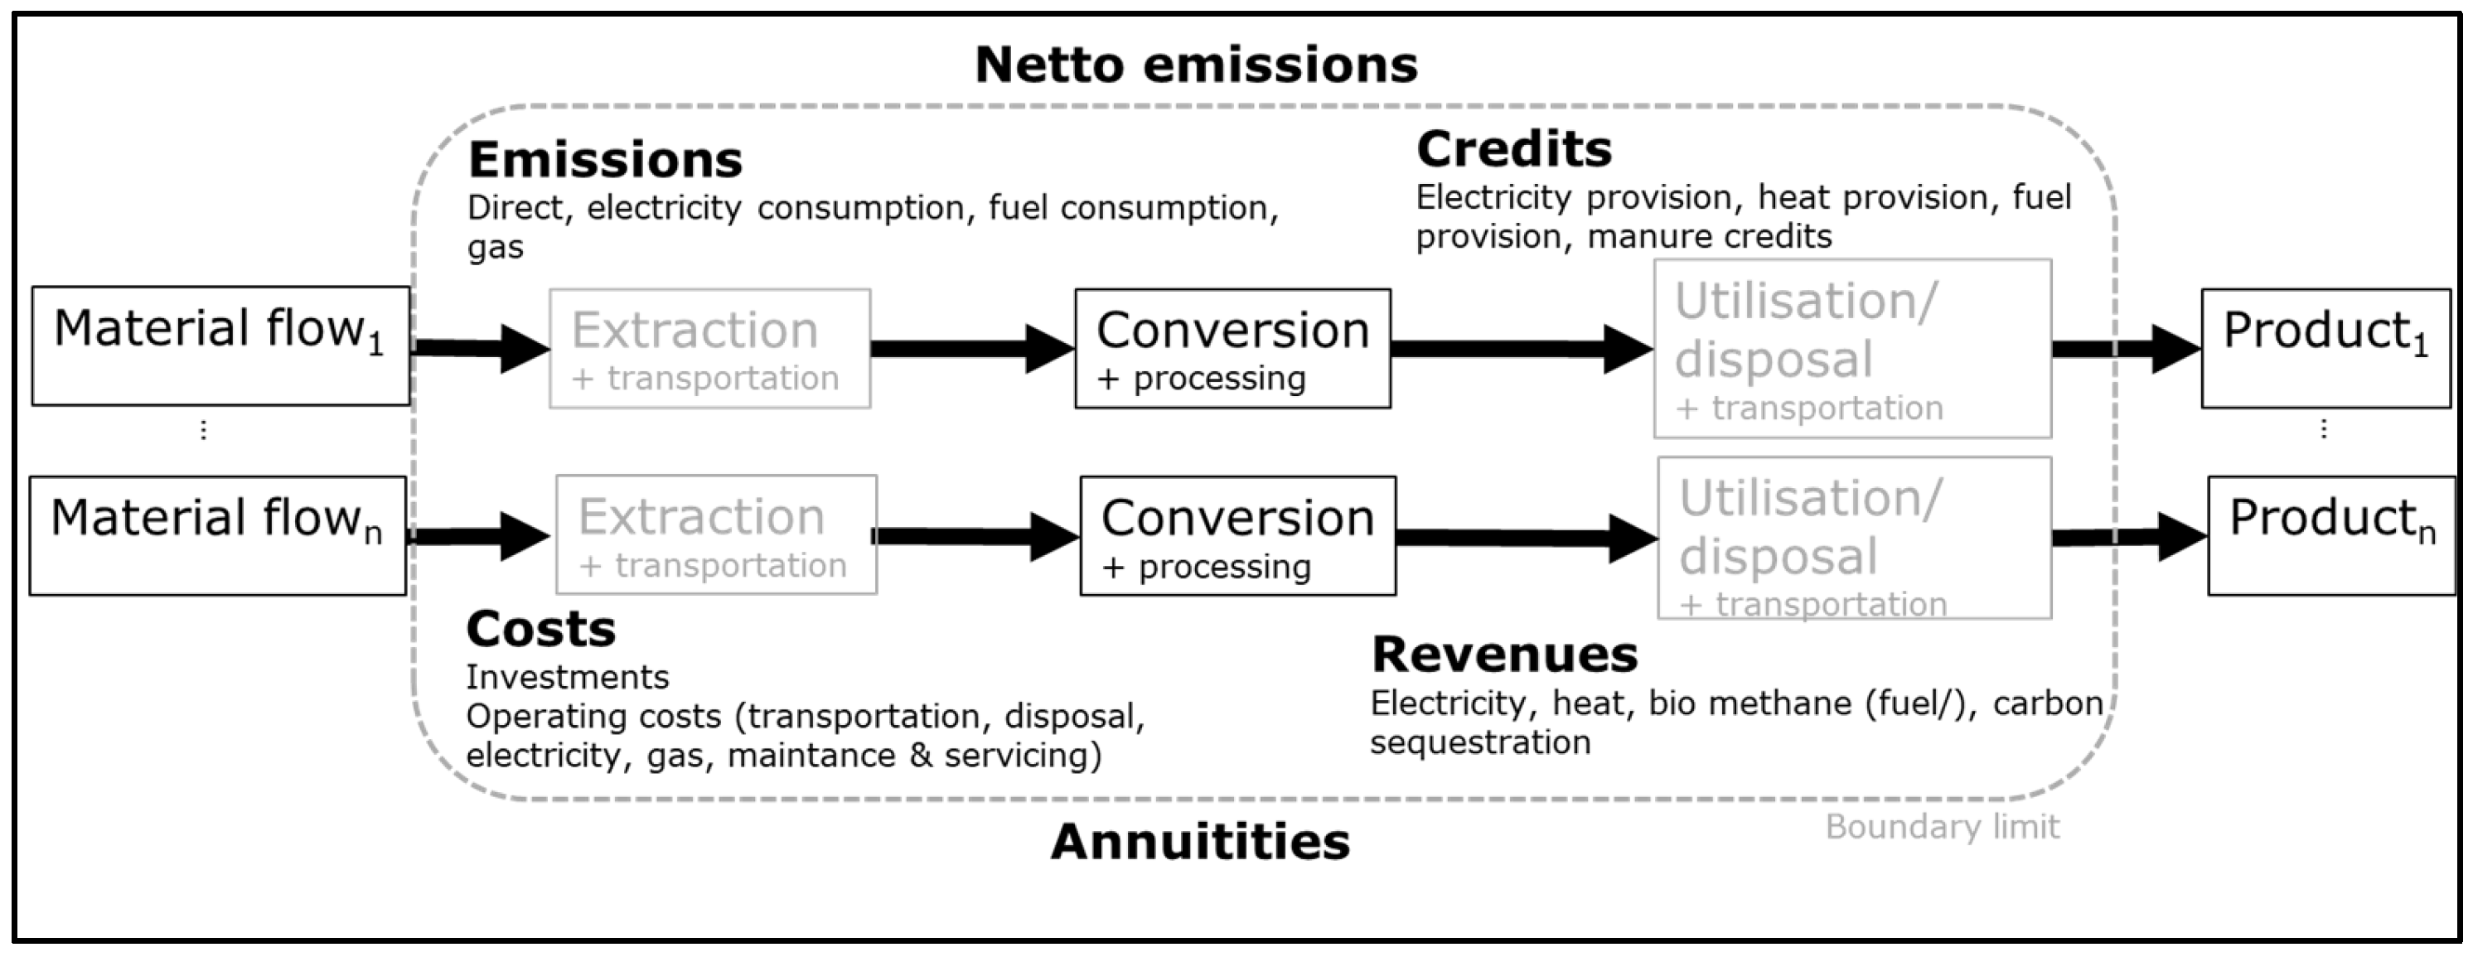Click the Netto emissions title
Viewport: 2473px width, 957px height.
pos(1195,65)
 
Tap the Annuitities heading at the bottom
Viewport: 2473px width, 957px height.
pos(1200,842)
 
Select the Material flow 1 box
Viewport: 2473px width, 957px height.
pos(220,346)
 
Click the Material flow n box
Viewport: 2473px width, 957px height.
pos(218,535)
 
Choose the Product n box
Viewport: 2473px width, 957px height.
pos(2331,535)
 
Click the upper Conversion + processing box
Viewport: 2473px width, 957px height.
pos(1232,349)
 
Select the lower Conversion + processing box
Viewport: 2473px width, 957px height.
pos(1237,535)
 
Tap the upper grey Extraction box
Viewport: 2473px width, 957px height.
pos(709,349)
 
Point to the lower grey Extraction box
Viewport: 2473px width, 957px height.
pos(716,534)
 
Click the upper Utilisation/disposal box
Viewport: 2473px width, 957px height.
pos(1852,349)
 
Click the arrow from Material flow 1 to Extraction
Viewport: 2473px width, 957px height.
pos(480,347)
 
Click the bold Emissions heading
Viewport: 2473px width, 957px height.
pos(605,160)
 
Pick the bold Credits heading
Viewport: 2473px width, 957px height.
pos(1514,150)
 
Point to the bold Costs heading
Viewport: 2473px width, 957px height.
pos(540,630)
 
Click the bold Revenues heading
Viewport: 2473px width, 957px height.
pos(1504,655)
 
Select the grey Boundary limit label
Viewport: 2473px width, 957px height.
pos(1941,826)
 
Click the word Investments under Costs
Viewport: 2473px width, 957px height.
pos(568,678)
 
